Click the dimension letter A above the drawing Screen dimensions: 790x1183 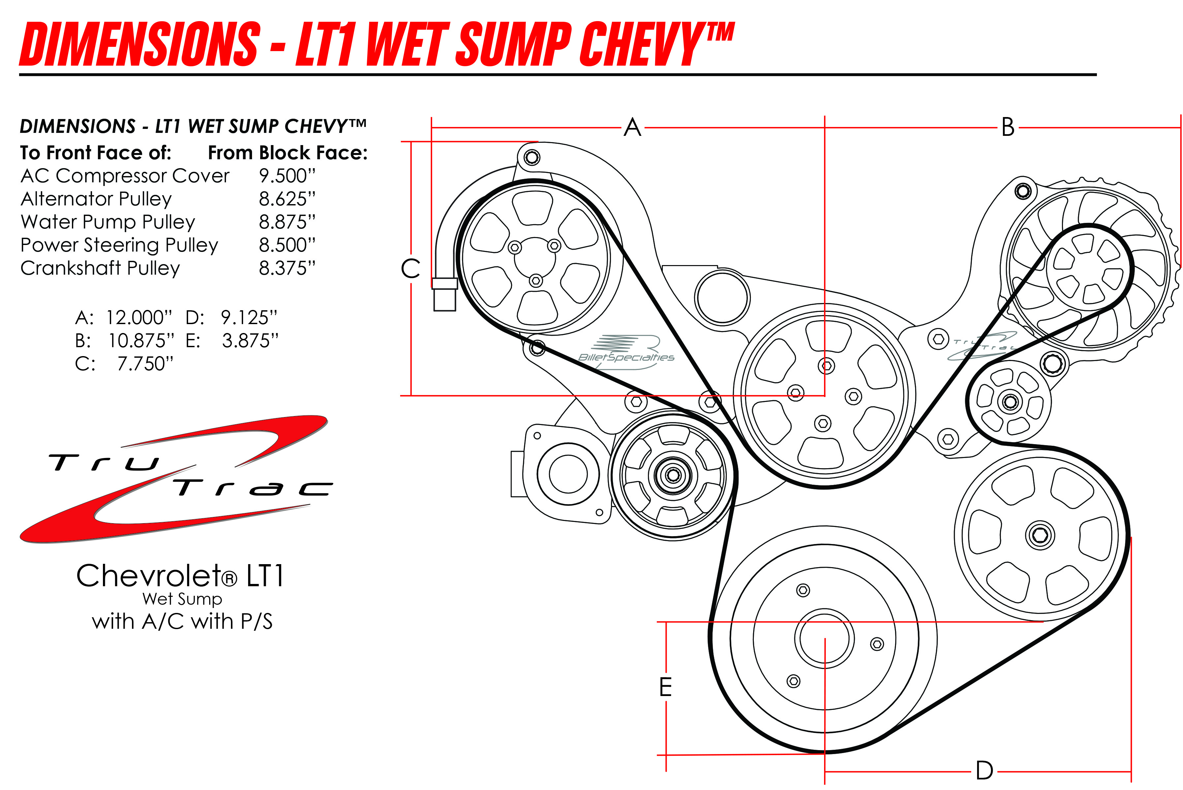633,128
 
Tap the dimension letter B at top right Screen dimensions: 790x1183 1007,128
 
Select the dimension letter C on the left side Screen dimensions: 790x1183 410,268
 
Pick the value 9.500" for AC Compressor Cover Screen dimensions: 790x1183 287,176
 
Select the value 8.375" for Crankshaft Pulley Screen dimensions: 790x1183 287,268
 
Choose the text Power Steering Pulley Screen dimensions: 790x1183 119,245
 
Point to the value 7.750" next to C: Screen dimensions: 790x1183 145,364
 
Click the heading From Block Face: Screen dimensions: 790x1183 288,153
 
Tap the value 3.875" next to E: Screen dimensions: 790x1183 250,341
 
